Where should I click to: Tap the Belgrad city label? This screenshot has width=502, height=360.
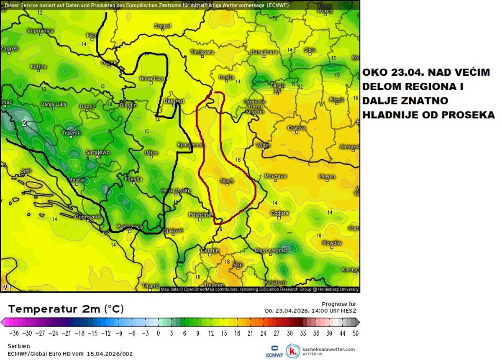174,101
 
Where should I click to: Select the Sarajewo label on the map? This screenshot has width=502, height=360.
97,152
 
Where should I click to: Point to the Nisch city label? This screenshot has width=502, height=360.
226,181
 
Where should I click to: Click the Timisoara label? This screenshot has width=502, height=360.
202,52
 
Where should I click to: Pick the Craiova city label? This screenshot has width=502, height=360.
297,128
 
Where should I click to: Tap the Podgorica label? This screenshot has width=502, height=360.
130,227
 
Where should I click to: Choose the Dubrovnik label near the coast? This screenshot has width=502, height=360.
87,217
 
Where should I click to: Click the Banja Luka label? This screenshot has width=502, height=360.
54,104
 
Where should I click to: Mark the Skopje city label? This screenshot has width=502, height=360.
210,250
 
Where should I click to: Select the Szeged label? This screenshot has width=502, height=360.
163,26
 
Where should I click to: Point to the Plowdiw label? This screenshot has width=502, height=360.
331,243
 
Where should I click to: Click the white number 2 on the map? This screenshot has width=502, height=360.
24,123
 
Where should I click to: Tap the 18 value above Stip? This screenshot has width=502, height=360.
227,262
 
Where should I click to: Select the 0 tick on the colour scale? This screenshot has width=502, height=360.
158,333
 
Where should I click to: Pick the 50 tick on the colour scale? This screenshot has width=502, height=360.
355,333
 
